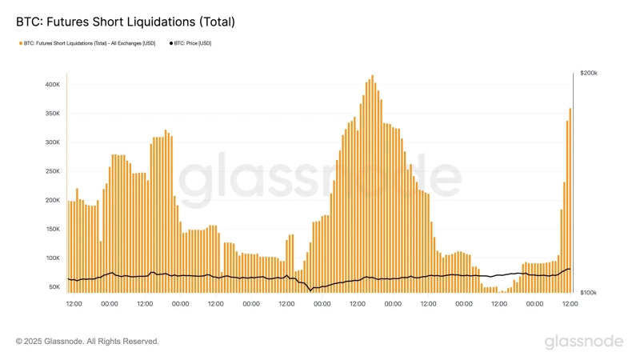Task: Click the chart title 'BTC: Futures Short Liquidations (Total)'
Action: (x=126, y=22)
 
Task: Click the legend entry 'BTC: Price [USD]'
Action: (x=193, y=43)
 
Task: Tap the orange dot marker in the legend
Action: (x=20, y=43)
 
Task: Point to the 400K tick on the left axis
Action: (x=52, y=85)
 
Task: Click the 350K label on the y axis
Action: (x=52, y=114)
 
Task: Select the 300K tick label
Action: (x=52, y=142)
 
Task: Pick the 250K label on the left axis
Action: (x=52, y=171)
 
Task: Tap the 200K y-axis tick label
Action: (x=52, y=200)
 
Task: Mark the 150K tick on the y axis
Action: (x=52, y=229)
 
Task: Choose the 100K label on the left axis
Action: (x=52, y=258)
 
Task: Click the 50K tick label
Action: (x=54, y=286)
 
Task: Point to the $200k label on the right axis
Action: (x=589, y=73)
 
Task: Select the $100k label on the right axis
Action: (x=589, y=294)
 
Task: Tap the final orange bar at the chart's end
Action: (x=570, y=200)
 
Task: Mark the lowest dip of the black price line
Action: (x=310, y=291)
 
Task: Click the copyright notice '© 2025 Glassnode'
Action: (x=87, y=342)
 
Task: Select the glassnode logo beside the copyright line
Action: (x=583, y=342)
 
